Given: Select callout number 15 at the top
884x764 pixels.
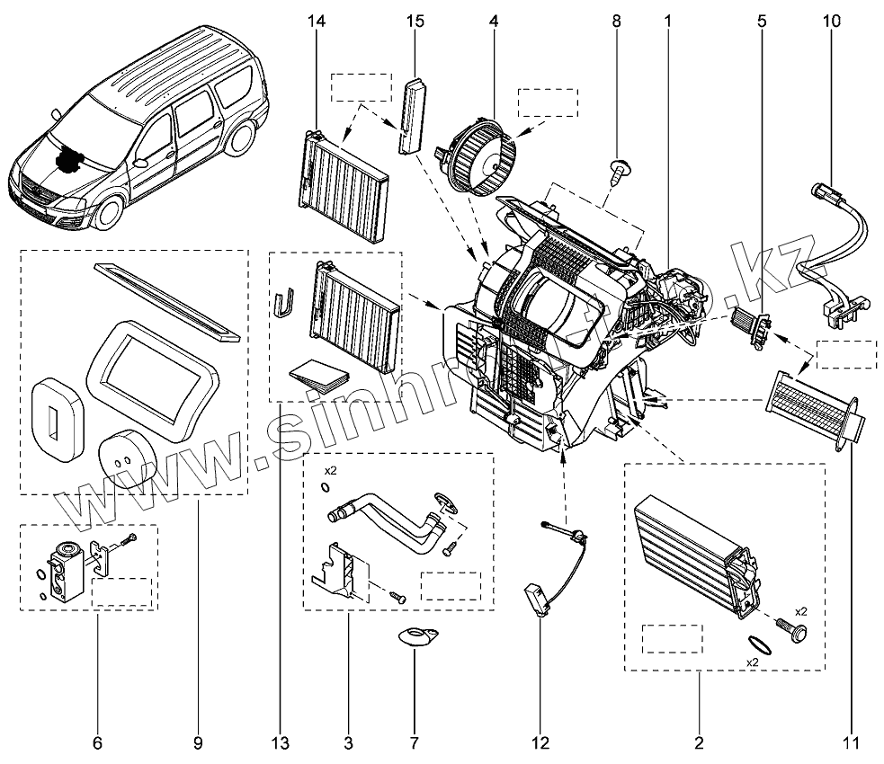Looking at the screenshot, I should point(413,20).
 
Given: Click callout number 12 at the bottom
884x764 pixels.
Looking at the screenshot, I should point(540,743).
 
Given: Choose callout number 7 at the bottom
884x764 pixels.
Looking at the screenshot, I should point(414,743).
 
